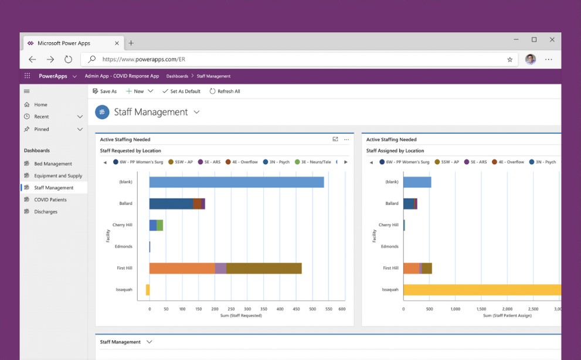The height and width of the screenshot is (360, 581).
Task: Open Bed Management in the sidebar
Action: [x=53, y=164]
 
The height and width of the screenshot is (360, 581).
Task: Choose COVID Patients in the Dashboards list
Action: [x=50, y=200]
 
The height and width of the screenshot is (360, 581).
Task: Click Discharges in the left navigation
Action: [x=46, y=212]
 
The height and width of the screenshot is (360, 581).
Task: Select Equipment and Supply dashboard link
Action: [x=58, y=176]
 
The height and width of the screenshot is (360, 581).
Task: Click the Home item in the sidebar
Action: [x=40, y=105]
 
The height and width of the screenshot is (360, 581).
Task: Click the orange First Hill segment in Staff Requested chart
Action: [x=182, y=269]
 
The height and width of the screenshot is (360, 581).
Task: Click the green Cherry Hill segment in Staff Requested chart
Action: [x=160, y=225]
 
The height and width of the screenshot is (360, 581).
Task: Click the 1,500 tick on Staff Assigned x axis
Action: [x=481, y=309]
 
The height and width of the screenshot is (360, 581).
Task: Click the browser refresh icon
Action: [x=68, y=59]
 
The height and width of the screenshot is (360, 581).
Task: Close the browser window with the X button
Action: [x=552, y=40]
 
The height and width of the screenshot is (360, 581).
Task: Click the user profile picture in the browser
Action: [x=530, y=59]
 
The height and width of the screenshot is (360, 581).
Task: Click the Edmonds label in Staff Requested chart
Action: [x=124, y=247]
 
